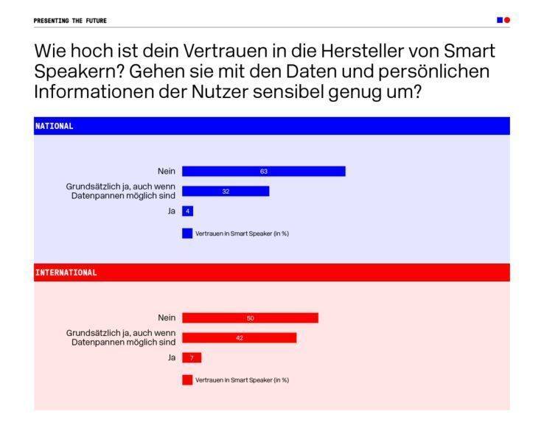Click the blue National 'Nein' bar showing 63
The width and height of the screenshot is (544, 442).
[x=263, y=172]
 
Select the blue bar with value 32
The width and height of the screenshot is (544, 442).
[x=226, y=192]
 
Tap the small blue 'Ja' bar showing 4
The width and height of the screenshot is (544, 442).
[x=187, y=211]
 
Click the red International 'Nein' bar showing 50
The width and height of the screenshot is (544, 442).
[x=250, y=318]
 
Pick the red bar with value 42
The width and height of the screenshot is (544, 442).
[x=239, y=337]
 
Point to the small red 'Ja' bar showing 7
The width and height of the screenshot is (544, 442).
[x=191, y=357]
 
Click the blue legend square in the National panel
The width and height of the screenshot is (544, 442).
[x=187, y=234]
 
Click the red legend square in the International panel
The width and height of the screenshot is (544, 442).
[x=187, y=380]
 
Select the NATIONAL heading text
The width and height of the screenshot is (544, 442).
[x=55, y=126]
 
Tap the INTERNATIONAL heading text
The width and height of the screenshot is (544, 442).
[x=66, y=273]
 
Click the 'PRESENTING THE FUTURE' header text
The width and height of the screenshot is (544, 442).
[x=70, y=21]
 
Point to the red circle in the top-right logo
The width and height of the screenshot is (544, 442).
[x=507, y=20]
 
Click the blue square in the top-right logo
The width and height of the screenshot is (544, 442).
[x=500, y=20]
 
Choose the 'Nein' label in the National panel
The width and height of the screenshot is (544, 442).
[x=167, y=172]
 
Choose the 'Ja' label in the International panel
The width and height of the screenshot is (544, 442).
[x=171, y=357]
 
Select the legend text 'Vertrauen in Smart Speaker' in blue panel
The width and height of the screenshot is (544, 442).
[x=242, y=234]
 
